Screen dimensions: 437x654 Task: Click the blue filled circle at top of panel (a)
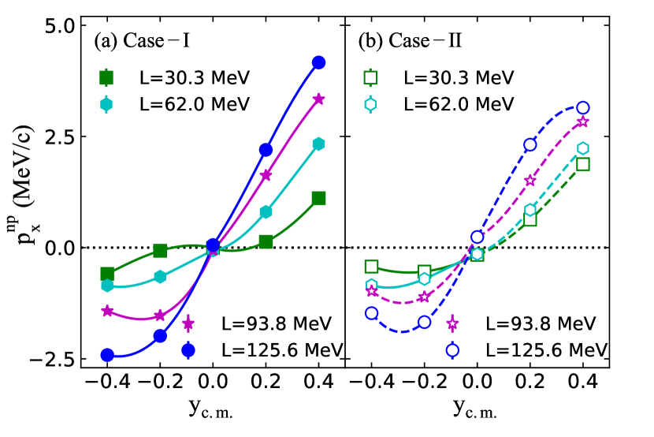point(319,62)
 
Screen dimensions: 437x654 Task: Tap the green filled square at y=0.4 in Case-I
point(319,198)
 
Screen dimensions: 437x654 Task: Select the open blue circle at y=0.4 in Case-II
point(583,107)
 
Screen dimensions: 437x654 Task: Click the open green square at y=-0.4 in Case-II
point(372,267)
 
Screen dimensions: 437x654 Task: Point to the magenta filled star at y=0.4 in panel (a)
point(319,99)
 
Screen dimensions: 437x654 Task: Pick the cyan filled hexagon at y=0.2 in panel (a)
point(266,211)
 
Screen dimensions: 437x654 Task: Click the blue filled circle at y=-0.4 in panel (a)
point(107,355)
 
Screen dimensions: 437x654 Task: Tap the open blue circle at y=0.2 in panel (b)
point(530,144)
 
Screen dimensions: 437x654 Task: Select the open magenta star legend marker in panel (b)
point(453,323)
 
